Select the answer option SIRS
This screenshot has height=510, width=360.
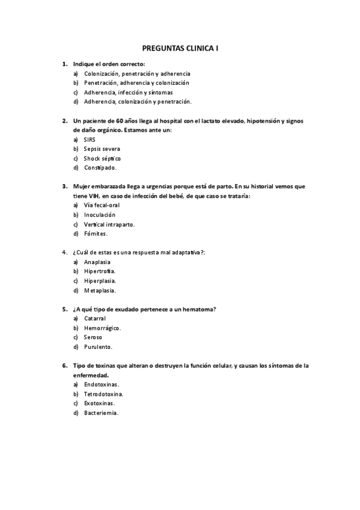coord(90,139)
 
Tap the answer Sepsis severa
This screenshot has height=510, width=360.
coord(102,149)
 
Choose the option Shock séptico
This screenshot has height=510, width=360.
coord(102,158)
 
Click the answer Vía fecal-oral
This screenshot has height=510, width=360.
coord(102,205)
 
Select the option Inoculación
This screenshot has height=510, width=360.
coord(100,215)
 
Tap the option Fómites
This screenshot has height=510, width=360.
coord(96,233)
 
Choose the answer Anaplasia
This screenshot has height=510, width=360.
coord(97,262)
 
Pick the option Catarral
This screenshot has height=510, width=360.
coord(95,318)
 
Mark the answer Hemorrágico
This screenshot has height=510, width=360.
coord(102,328)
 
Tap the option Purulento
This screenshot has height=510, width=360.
coord(98,346)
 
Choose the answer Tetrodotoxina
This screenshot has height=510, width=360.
coord(103,394)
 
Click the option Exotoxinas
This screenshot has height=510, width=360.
coord(99,403)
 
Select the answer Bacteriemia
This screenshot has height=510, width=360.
coord(101,413)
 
